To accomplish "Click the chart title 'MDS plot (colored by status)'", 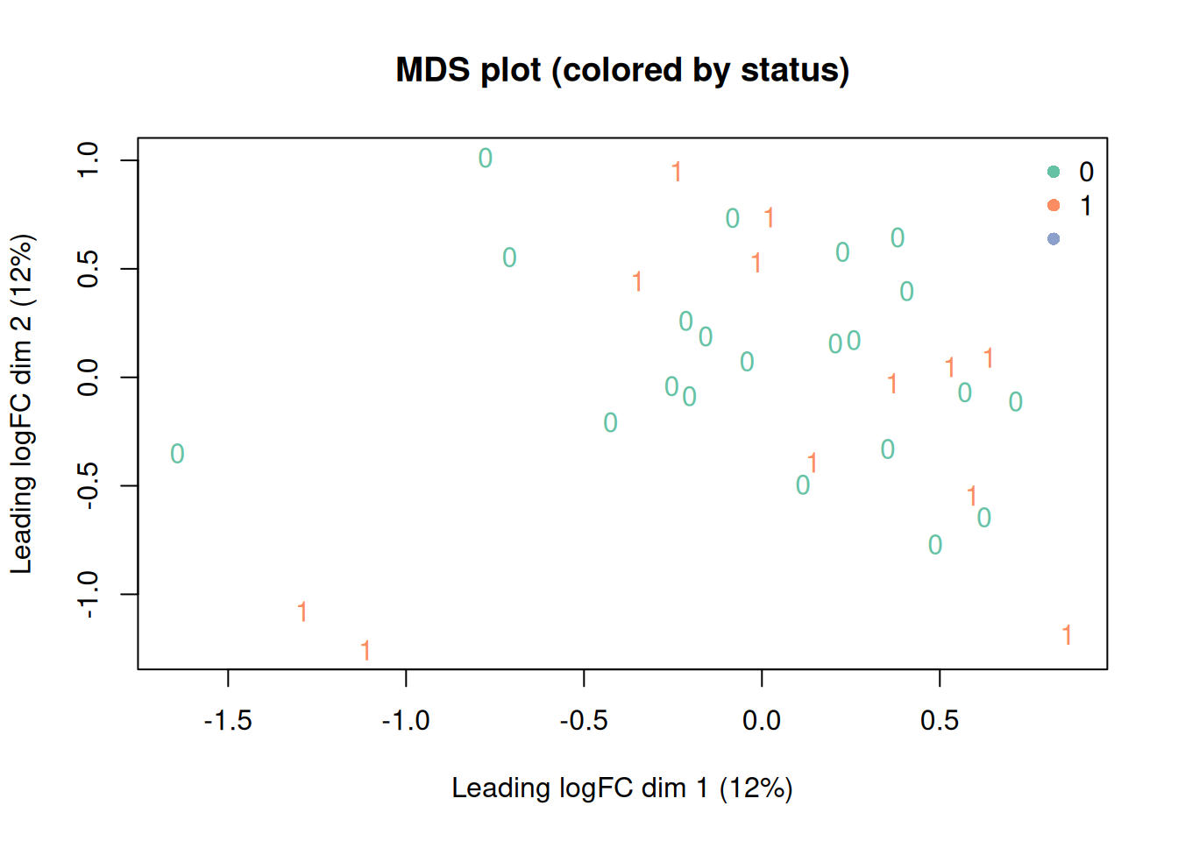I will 622,70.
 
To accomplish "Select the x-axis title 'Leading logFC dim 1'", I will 621,788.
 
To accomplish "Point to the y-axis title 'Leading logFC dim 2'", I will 21,404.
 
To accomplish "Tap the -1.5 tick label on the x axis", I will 228,721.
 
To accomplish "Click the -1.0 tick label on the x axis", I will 406,721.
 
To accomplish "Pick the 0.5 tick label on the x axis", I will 940,721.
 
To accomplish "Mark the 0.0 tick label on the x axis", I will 761,721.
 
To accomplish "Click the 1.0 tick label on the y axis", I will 89,160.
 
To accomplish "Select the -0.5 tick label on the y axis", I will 89,485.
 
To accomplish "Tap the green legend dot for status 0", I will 1054,172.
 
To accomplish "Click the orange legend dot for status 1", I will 1054,205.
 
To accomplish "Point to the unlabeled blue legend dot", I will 1054,238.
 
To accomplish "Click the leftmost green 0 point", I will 177,454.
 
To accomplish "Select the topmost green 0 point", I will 486,159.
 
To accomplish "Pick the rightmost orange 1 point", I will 1067,635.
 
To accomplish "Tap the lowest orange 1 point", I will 365,650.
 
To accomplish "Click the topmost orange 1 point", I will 677,172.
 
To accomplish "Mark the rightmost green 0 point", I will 1016,402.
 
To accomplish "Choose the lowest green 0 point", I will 935,545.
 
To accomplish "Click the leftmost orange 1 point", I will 302,611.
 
